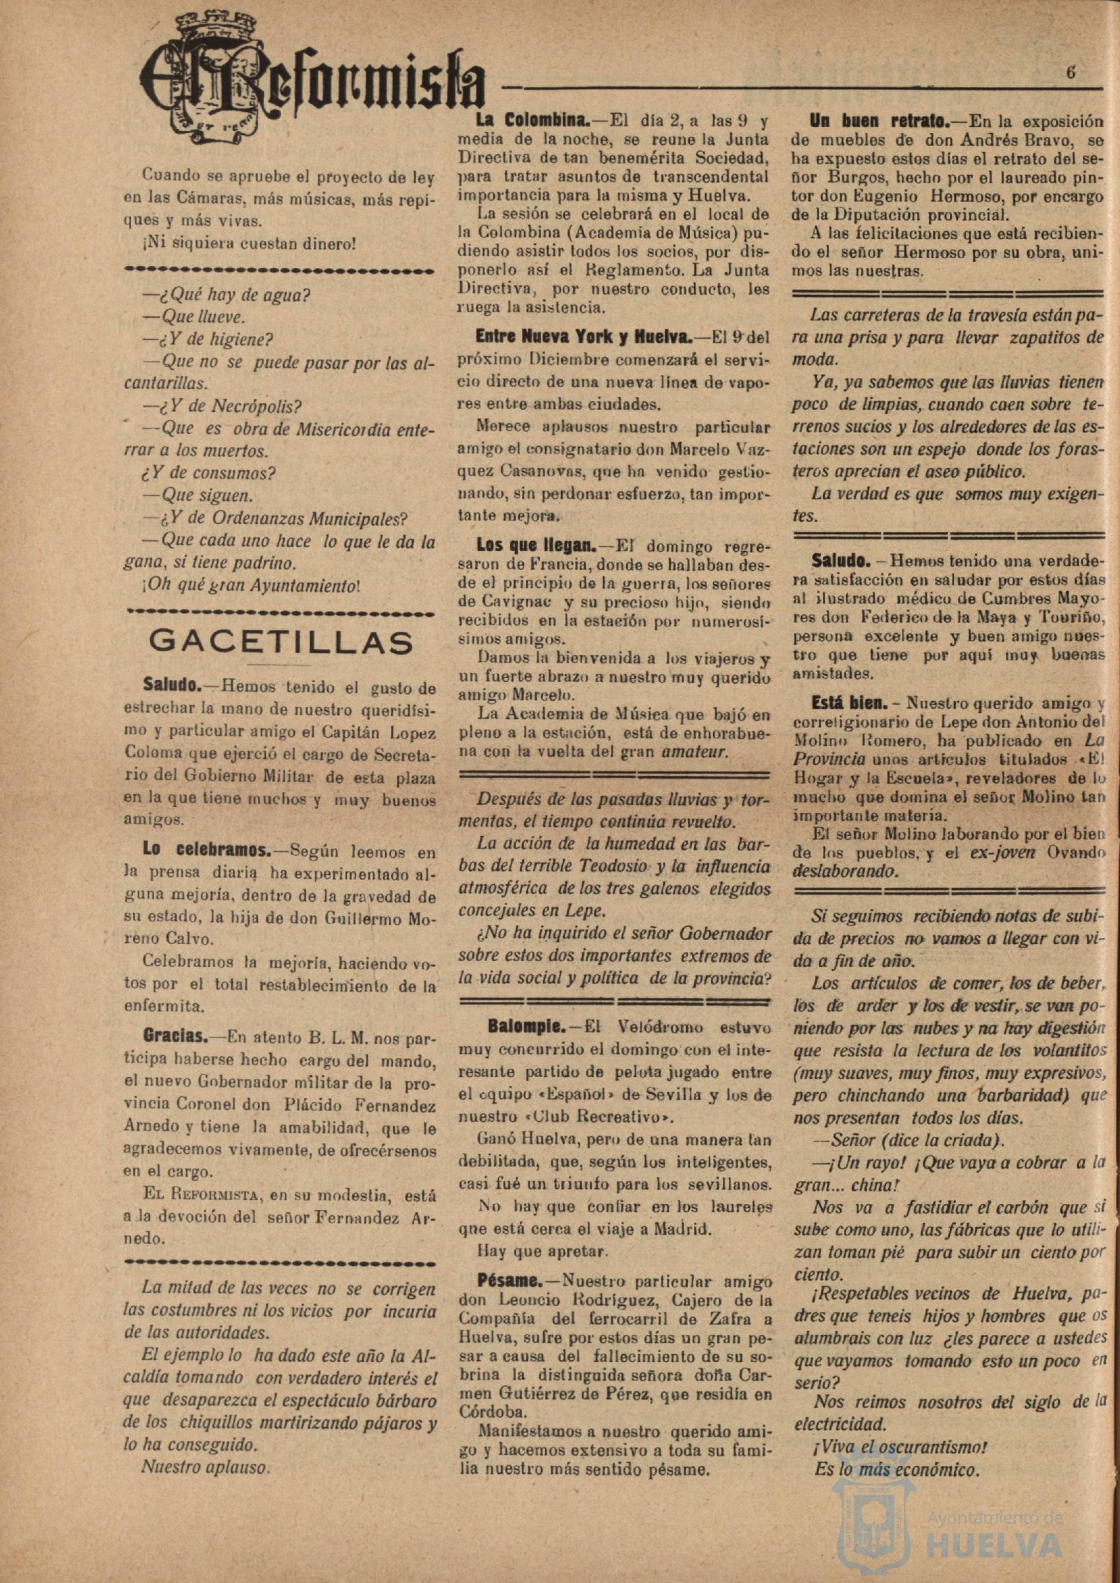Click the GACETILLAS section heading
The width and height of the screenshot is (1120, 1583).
[280, 642]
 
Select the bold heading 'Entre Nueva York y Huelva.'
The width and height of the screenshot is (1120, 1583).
[583, 337]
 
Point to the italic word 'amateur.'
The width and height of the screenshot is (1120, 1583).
[695, 752]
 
